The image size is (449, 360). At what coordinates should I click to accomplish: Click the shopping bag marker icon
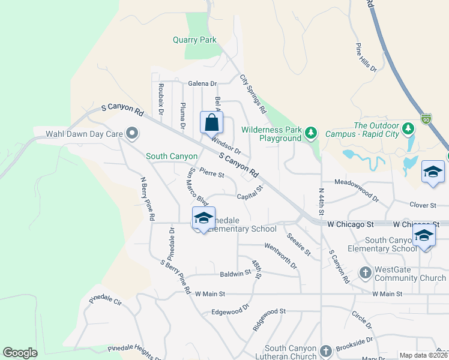pos(212,123)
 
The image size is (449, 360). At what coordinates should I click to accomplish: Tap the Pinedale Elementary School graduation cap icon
pos(203,218)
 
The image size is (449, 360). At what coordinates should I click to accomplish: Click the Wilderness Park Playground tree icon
pos(310,132)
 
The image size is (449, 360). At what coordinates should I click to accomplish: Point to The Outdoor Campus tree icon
pos(408,128)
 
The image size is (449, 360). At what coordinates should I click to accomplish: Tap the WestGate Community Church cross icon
pos(365,274)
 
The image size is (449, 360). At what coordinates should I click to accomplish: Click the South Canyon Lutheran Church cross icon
pos(325,350)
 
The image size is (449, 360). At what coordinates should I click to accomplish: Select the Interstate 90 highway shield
pos(426,118)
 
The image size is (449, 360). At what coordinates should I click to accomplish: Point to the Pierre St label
pos(211,175)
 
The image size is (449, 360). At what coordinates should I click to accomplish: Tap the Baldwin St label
pos(235,272)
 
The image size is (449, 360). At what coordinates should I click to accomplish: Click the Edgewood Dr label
pos(230,311)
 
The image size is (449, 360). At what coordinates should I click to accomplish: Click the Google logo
pos(20,353)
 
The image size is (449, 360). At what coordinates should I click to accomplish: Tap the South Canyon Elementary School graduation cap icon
pos(424,236)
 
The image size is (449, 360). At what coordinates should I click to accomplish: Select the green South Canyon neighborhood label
pos(172,156)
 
